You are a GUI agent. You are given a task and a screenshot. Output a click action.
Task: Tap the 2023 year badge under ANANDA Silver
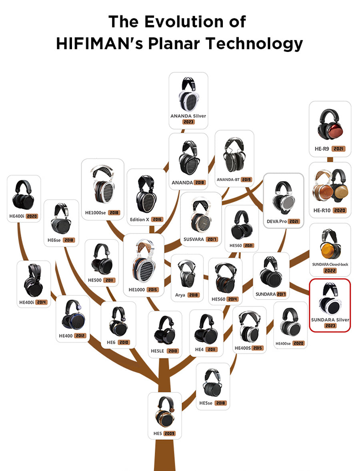coord(188,122)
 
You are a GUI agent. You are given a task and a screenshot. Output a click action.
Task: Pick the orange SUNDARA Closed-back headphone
coord(330,245)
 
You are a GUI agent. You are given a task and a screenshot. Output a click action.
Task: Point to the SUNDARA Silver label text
coord(330,320)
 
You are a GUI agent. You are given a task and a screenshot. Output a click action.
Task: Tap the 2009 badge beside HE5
coord(170,433)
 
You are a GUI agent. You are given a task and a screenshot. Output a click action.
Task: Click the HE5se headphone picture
coord(213,383)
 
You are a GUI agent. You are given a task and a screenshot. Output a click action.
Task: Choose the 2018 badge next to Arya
coord(194,295)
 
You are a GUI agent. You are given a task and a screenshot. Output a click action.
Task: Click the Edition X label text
coord(140,220)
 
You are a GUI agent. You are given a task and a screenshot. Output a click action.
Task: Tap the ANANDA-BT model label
coord(228,180)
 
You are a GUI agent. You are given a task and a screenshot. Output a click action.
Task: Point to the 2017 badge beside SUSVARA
coord(212,239)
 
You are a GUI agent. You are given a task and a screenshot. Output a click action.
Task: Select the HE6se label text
coord(54,240)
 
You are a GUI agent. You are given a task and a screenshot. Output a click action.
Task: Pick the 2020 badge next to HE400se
coord(299,343)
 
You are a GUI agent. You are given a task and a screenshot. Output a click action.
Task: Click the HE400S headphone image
coord(249,327)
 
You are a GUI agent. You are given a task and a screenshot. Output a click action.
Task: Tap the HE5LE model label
coord(158,351)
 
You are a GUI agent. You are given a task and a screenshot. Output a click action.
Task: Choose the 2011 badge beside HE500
coord(109,280)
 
